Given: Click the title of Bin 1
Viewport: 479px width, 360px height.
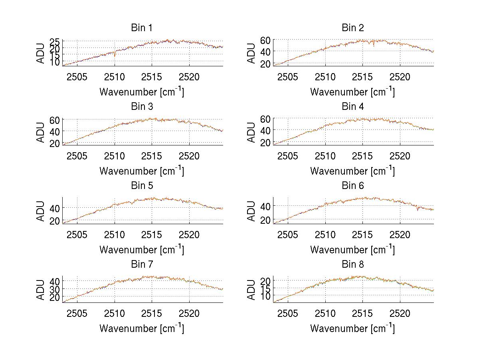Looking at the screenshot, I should (x=142, y=28).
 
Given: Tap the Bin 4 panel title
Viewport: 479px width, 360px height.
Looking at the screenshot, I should (x=353, y=107).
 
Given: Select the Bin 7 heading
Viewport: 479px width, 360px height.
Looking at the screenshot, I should (x=142, y=265).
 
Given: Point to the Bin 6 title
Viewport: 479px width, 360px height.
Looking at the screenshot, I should (x=353, y=186).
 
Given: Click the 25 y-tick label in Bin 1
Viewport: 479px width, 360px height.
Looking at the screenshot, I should (x=55, y=42).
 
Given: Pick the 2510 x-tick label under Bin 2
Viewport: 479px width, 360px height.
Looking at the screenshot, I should (x=325, y=77).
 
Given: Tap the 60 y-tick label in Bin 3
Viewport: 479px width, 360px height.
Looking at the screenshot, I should (x=55, y=120).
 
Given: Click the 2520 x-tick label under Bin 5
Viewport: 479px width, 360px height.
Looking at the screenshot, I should (x=189, y=235).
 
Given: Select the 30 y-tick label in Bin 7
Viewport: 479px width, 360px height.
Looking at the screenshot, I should (x=55, y=289).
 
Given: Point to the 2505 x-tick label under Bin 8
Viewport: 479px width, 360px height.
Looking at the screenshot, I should (x=287, y=313).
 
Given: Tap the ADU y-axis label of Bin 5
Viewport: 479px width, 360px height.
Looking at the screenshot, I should (x=41, y=211).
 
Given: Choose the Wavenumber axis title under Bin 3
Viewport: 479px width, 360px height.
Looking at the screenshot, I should (x=142, y=171).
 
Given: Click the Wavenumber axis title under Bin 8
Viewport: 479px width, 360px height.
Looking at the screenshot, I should (x=353, y=328).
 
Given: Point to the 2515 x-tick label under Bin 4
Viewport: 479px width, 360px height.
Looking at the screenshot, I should (x=362, y=155).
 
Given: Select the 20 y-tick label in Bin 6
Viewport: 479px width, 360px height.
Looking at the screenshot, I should (x=266, y=220).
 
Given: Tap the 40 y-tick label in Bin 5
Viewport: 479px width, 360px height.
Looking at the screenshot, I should (x=55, y=208).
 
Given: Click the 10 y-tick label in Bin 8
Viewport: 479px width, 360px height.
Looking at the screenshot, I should (x=266, y=295).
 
